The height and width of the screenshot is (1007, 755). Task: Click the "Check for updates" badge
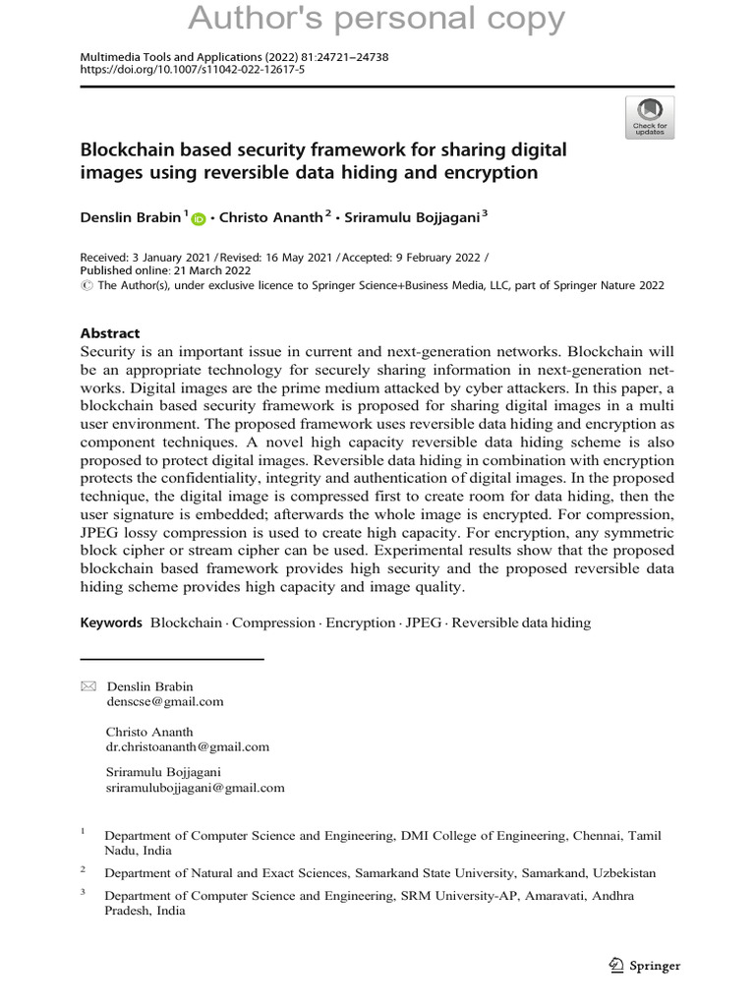pyautogui.click(x=649, y=117)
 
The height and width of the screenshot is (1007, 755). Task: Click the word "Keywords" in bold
pyautogui.click(x=110, y=622)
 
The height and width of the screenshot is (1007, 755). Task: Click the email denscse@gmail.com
pyautogui.click(x=164, y=701)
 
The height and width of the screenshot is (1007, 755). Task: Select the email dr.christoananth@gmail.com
pyautogui.click(x=187, y=746)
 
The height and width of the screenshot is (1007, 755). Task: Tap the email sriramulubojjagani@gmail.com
pyautogui.click(x=195, y=788)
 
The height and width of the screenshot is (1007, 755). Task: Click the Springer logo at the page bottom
pyautogui.click(x=645, y=965)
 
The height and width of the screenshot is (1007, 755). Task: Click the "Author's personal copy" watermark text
pyautogui.click(x=377, y=19)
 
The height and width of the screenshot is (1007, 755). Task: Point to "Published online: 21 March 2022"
pyautogui.click(x=164, y=270)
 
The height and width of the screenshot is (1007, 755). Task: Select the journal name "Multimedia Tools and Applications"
pyautogui.click(x=169, y=58)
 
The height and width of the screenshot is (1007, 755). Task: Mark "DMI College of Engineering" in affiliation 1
pyautogui.click(x=481, y=835)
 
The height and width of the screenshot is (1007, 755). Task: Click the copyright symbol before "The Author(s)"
pyautogui.click(x=85, y=285)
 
